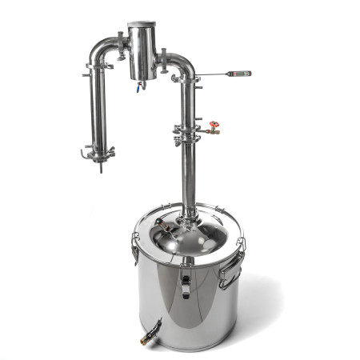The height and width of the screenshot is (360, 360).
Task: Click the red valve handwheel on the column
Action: coord(213,126)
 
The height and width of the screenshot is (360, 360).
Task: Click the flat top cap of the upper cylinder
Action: coord(142,24)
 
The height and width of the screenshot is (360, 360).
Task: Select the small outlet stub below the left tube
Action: coord(101,167)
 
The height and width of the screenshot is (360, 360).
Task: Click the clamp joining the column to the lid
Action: coord(188,214)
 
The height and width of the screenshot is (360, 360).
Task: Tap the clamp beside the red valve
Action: coord(187,129)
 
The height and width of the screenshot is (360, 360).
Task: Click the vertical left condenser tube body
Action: coord(100,108)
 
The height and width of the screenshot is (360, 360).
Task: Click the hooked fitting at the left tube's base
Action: coord(84,153)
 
